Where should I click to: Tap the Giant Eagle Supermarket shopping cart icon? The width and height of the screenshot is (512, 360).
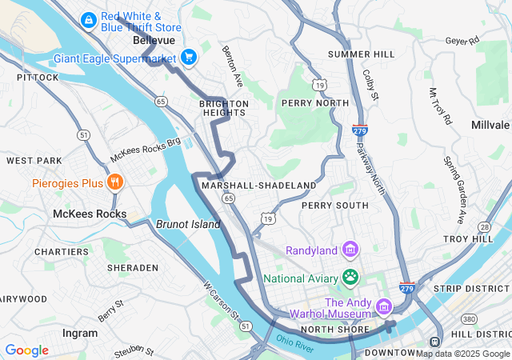189,57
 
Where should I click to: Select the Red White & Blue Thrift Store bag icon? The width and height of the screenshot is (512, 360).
89,18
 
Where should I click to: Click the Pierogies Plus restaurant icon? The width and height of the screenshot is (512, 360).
115,182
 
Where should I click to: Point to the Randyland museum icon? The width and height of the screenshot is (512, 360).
350,250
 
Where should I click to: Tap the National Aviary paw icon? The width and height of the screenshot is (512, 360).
350,278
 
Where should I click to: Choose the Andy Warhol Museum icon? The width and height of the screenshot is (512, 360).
383,306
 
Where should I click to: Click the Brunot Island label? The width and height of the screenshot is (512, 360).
188,224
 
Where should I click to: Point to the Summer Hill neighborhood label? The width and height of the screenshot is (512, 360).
361,54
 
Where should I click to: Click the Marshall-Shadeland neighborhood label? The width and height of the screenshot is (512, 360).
258,185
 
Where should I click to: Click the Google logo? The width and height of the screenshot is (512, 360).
26,350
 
